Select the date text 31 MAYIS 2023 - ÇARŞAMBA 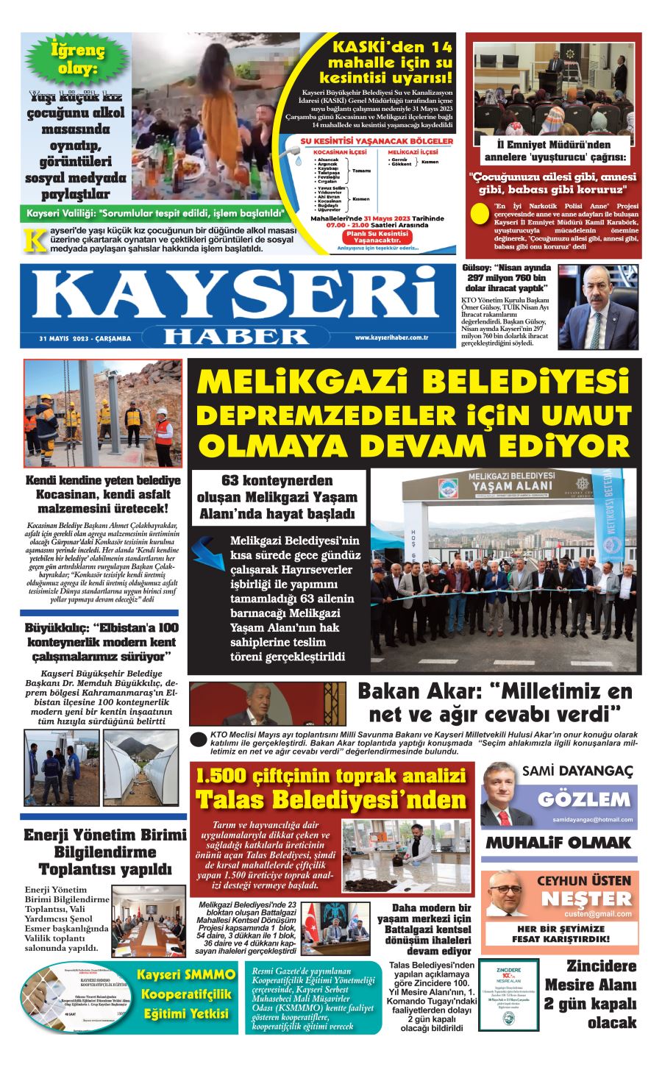pyautogui.click(x=85, y=339)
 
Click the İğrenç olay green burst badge pyautogui.click(x=77, y=61)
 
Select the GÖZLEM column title pyautogui.click(x=583, y=799)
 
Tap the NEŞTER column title pyautogui.click(x=586, y=899)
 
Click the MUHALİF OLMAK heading pyautogui.click(x=558, y=843)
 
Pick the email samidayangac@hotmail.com pyautogui.click(x=592, y=819)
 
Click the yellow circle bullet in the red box pyautogui.click(x=480, y=213)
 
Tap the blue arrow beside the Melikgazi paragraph pyautogui.click(x=212, y=552)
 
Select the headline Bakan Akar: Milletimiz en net pyautogui.click(x=494, y=702)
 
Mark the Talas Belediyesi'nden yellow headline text pyautogui.click(x=330, y=799)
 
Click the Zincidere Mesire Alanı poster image pyautogui.click(x=508, y=994)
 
